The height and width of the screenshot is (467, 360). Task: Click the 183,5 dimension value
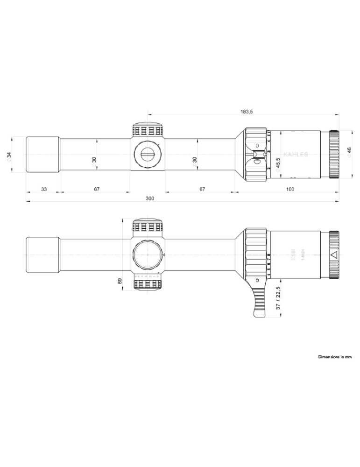(x=246, y=112)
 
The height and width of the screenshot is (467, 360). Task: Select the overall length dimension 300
(x=149, y=198)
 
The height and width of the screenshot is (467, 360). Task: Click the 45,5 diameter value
(x=278, y=165)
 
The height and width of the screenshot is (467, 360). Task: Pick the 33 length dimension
(x=43, y=189)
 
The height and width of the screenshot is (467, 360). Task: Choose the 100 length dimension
(x=290, y=189)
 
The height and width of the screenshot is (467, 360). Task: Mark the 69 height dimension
(x=120, y=281)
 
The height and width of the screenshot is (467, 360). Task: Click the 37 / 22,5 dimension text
(x=278, y=299)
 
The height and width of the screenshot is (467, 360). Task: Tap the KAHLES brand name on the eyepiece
(x=296, y=154)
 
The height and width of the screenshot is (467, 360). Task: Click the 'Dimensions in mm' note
(x=335, y=357)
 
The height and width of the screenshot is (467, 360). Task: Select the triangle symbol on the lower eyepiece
(x=333, y=255)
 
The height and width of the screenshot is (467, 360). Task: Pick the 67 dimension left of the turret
(x=97, y=189)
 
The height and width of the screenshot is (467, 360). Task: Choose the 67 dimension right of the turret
(x=202, y=189)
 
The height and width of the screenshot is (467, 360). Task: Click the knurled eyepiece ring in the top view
(x=334, y=154)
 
